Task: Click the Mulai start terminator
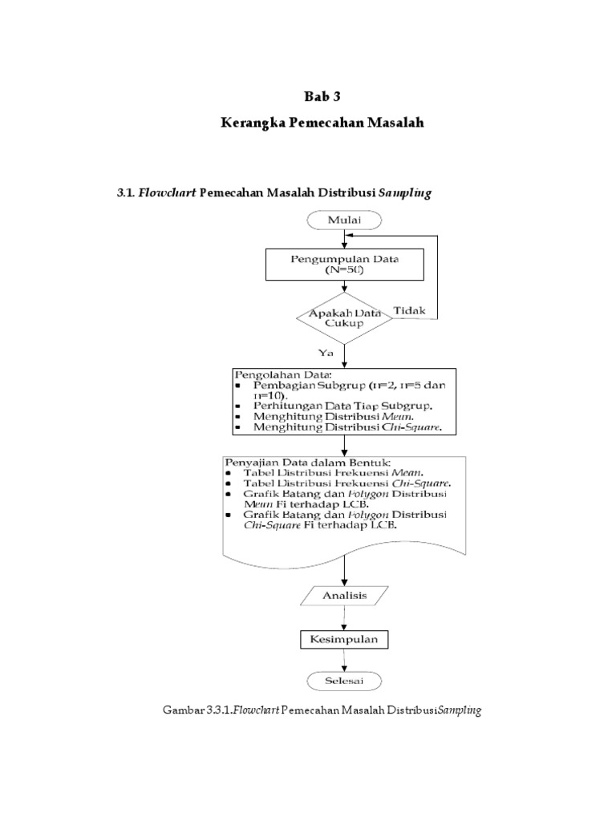point(344,219)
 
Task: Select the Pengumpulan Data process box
point(344,264)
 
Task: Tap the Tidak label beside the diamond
point(410,310)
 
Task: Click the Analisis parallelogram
point(344,596)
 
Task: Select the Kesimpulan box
point(344,640)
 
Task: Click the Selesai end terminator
point(344,681)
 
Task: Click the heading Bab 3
point(322,97)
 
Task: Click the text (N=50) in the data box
point(344,270)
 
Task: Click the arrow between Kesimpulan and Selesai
point(344,661)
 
